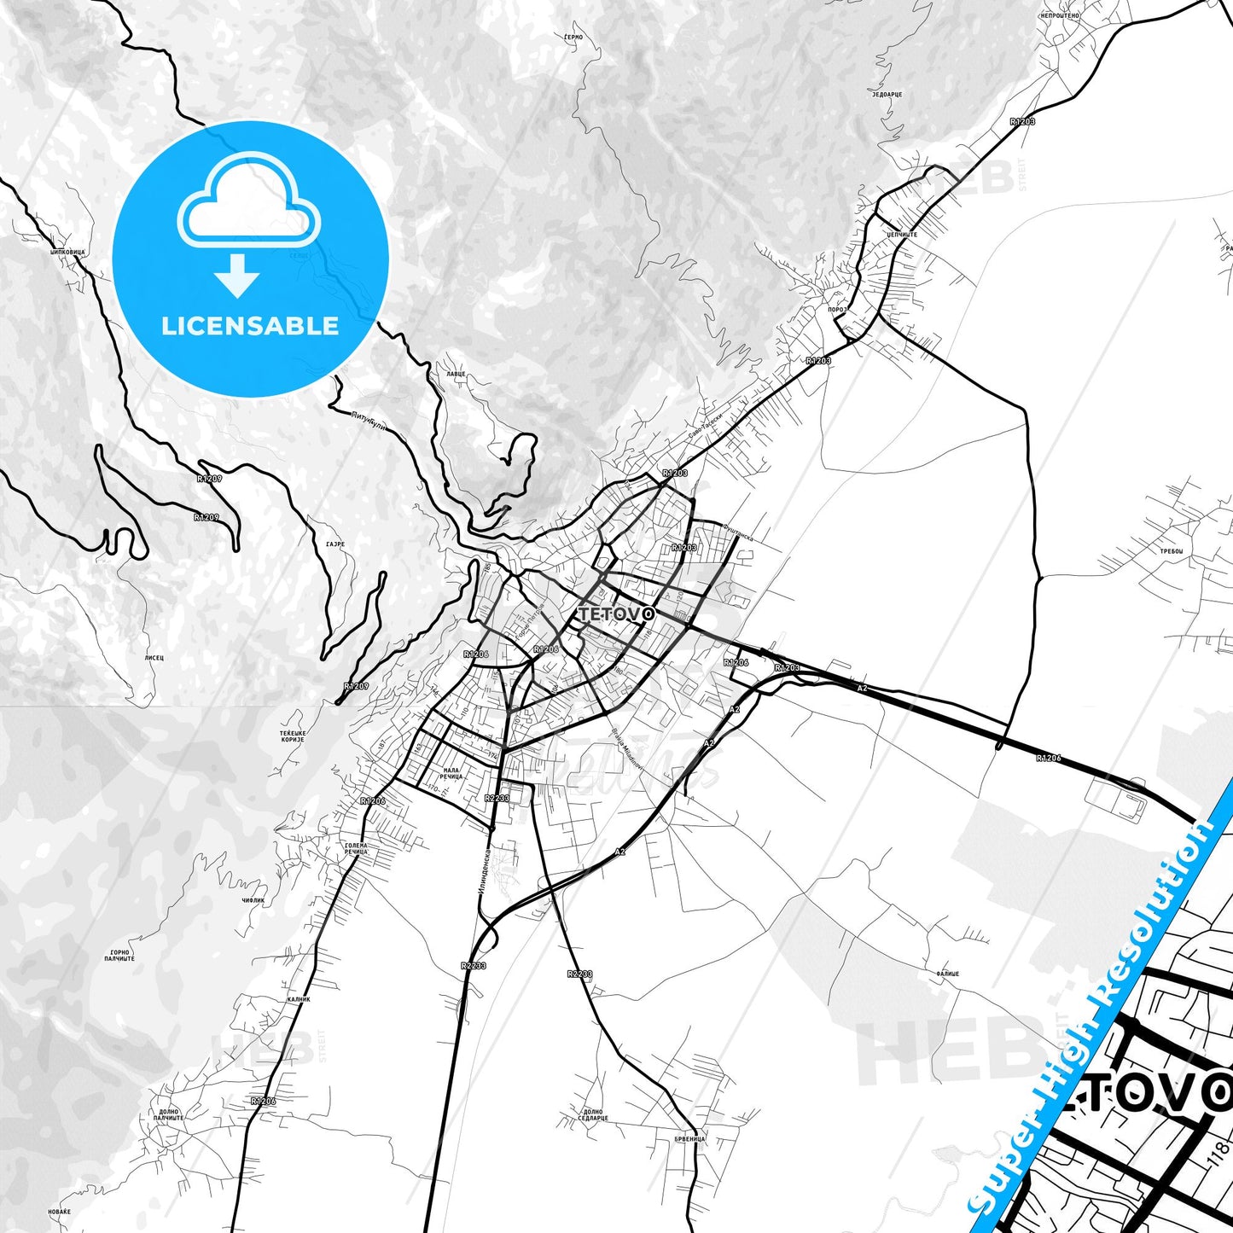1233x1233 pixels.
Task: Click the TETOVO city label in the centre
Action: [616, 614]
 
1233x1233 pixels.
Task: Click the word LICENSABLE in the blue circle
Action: [250, 326]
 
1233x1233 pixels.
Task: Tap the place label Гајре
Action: [334, 543]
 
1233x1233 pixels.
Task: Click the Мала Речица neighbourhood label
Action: [451, 774]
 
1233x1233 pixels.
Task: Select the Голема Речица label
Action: [356, 848]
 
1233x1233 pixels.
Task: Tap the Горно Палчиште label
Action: [120, 956]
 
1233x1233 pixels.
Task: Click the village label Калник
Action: [299, 998]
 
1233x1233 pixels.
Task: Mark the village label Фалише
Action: [947, 974]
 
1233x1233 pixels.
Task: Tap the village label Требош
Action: [1172, 551]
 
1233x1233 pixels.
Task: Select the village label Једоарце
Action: [887, 94]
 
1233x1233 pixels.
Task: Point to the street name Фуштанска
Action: [737, 532]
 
